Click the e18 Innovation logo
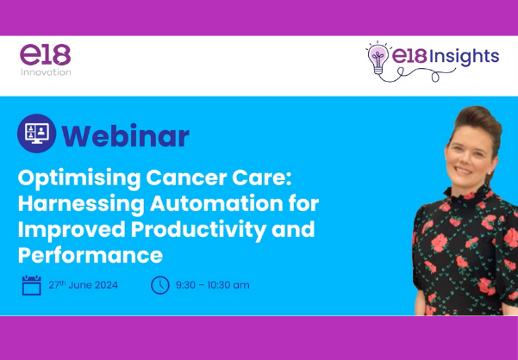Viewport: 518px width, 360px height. (x=46, y=60)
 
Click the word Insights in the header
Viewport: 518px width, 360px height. (x=465, y=57)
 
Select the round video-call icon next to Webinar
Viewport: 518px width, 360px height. (x=37, y=133)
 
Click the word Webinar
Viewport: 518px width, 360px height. (x=126, y=135)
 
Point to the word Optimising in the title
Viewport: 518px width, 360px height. (x=79, y=179)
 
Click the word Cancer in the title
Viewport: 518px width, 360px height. (x=186, y=178)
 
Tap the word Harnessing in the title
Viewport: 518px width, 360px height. (x=81, y=205)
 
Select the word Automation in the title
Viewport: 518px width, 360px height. (x=216, y=204)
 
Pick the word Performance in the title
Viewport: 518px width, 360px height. (x=90, y=255)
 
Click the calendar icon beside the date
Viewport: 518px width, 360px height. (x=31, y=285)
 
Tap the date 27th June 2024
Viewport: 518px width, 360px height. (x=84, y=285)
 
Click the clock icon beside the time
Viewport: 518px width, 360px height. (x=160, y=285)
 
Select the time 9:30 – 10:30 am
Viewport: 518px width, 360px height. (x=212, y=285)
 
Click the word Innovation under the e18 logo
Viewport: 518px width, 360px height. (x=46, y=72)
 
